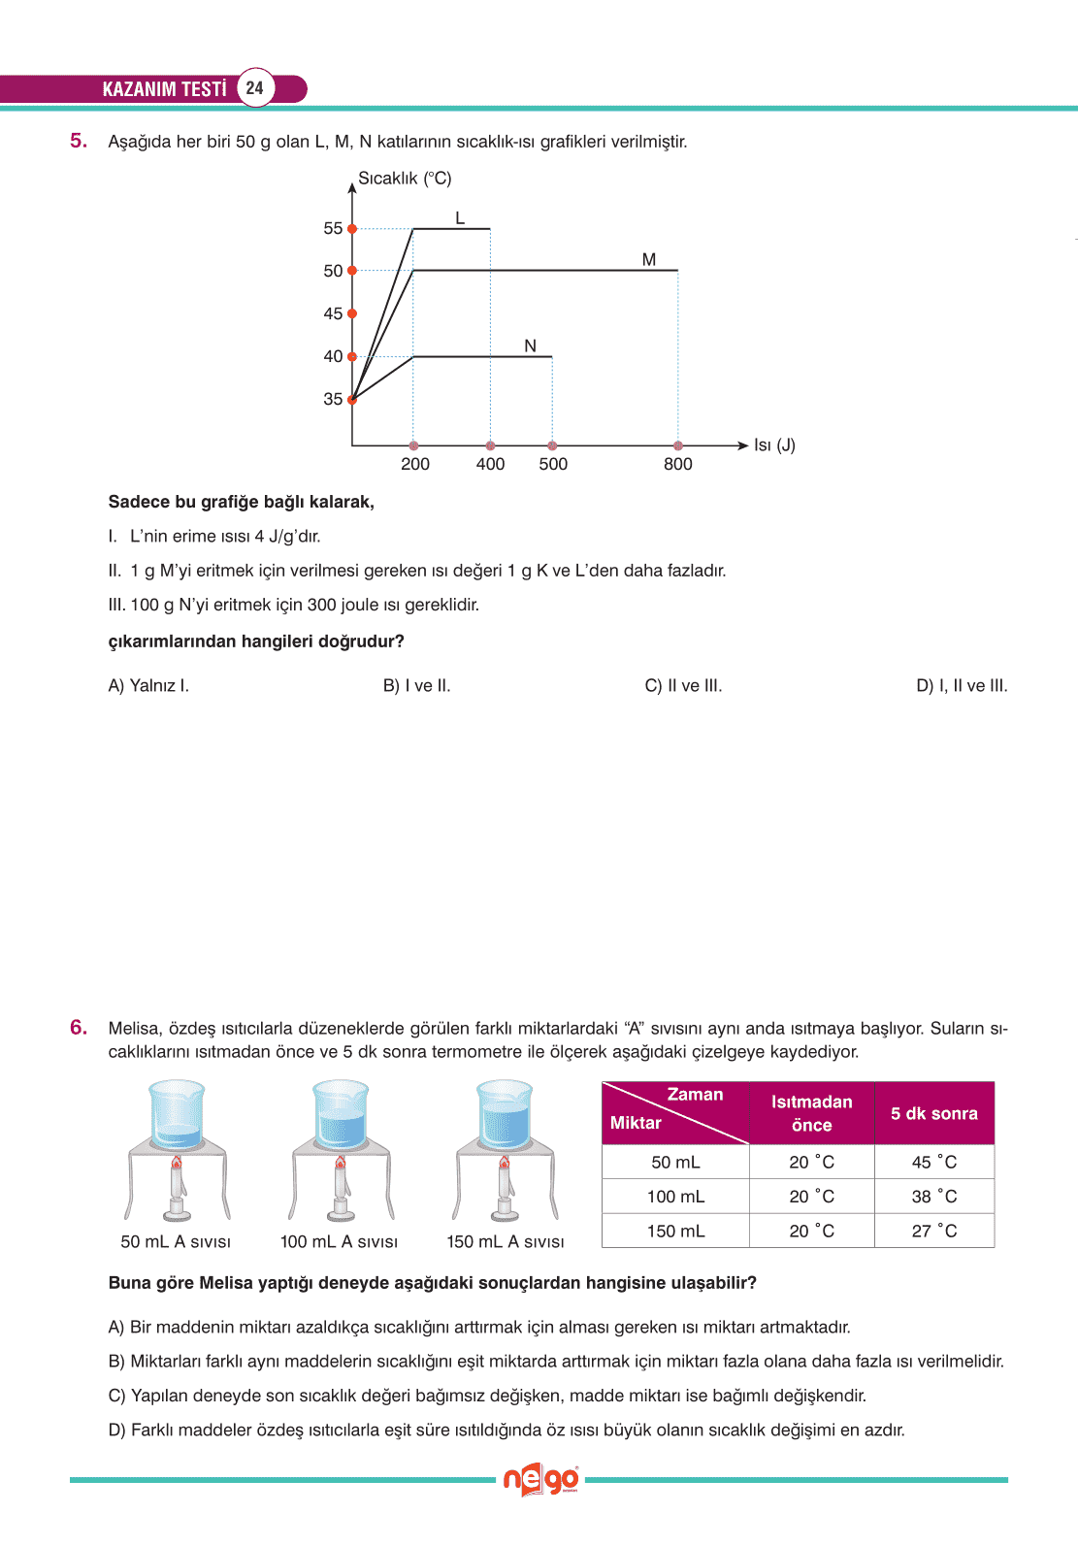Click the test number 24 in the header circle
[x=254, y=88]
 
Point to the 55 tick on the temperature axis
[x=333, y=228]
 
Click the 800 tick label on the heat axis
[x=678, y=464]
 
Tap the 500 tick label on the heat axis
[x=553, y=464]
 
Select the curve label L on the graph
[x=460, y=218]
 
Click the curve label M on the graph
[x=649, y=259]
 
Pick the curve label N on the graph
[x=530, y=345]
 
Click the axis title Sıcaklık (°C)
[x=405, y=179]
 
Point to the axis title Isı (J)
[x=774, y=444]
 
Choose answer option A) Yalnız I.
[x=148, y=685]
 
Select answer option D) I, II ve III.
[x=962, y=685]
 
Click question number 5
[x=79, y=141]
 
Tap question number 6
[x=79, y=1028]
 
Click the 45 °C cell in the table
[x=933, y=1162]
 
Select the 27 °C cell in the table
[x=933, y=1231]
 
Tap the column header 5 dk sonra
[x=933, y=1113]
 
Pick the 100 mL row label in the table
[x=675, y=1197]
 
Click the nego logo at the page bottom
[x=540, y=1480]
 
